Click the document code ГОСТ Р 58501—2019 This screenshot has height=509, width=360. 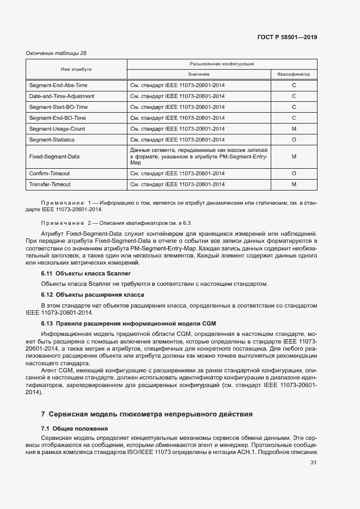[x=286, y=38]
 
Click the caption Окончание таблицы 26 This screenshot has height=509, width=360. [x=57, y=53]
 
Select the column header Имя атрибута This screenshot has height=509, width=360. [x=76, y=70]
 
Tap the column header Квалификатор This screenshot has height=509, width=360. [x=294, y=74]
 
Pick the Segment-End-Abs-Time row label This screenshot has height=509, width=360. [x=58, y=85]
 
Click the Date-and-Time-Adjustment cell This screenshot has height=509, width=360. [x=62, y=96]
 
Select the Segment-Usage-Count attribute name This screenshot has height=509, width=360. [x=57, y=129]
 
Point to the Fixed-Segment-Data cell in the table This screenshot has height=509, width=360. [x=54, y=157]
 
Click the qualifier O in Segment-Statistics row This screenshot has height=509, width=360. [x=294, y=140]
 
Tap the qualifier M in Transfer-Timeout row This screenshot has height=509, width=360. [x=294, y=185]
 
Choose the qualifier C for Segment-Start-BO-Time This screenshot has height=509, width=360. [x=294, y=107]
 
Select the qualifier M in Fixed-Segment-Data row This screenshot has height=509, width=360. [x=294, y=157]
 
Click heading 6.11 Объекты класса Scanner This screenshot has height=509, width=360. [x=86, y=273]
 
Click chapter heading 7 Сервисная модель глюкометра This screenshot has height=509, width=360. [x=147, y=414]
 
